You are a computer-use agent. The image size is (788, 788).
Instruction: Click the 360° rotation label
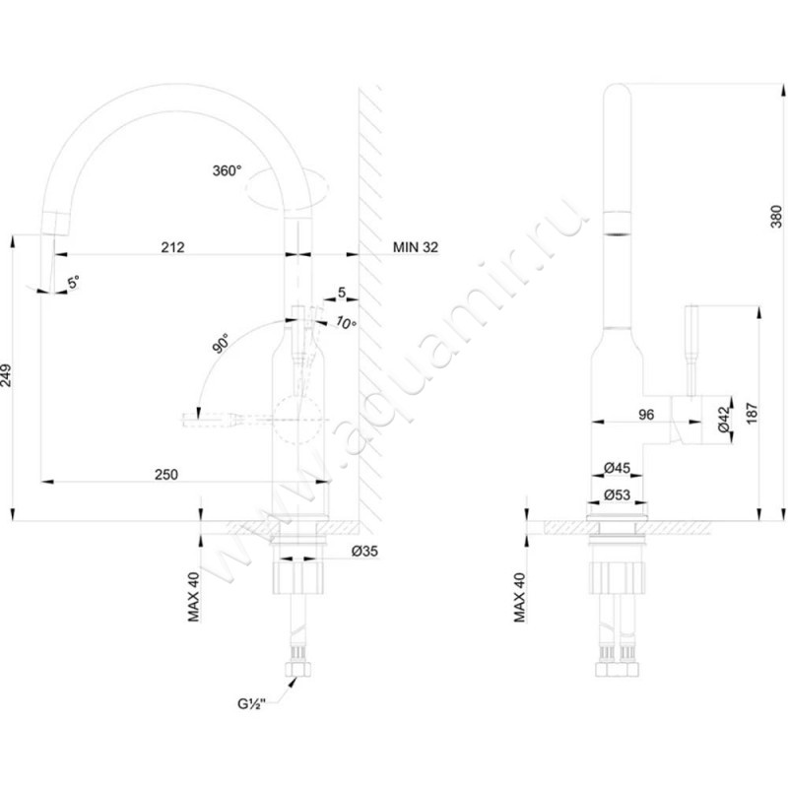(x=226, y=170)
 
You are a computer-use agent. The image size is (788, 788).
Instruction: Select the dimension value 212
(x=172, y=246)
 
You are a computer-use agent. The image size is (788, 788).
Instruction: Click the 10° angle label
(x=344, y=323)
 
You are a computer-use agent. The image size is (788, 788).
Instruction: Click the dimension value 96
(x=646, y=415)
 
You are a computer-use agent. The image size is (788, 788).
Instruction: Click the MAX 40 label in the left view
(x=194, y=596)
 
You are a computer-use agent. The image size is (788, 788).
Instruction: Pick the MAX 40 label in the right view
(x=519, y=596)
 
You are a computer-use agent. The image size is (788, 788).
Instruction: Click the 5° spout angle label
(x=74, y=283)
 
